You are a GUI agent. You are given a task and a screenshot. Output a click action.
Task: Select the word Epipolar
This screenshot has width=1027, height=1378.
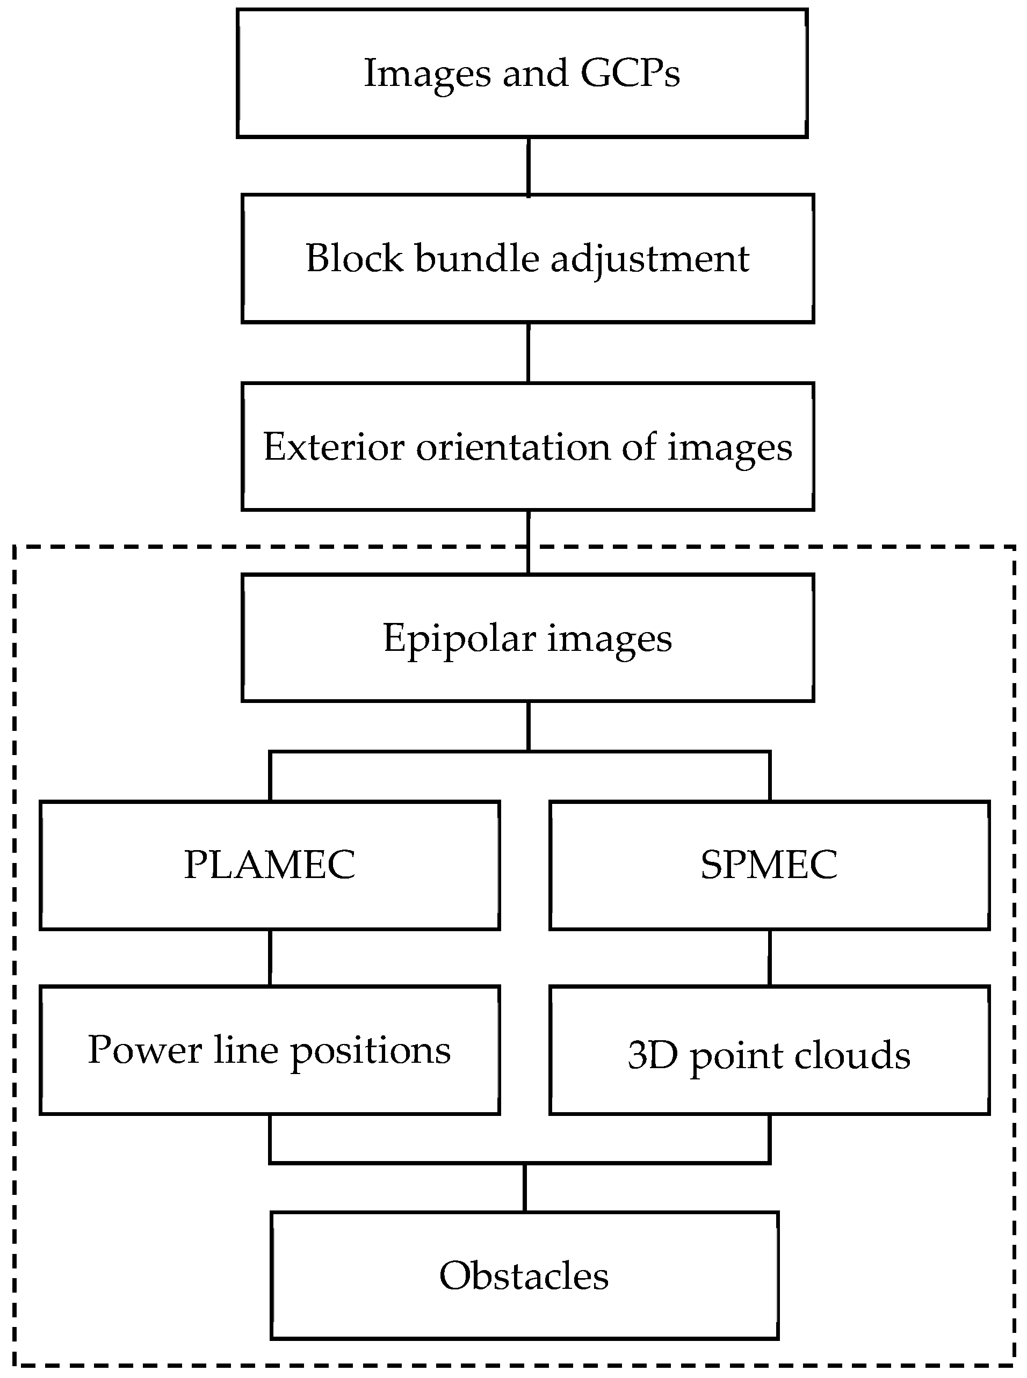(x=459, y=639)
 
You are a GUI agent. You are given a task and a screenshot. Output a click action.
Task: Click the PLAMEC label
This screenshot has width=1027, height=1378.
(x=269, y=865)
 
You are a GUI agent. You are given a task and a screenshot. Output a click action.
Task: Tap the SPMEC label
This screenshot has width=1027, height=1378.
(x=769, y=865)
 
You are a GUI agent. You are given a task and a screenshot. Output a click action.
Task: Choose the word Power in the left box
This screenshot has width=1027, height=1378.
(x=145, y=1050)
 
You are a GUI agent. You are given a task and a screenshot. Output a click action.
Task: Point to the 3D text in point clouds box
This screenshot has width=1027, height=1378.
(x=652, y=1055)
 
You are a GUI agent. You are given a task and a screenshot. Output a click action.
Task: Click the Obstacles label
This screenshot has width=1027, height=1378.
(x=524, y=1276)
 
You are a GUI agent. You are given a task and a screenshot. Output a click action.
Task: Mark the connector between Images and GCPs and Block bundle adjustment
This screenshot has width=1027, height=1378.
(x=529, y=166)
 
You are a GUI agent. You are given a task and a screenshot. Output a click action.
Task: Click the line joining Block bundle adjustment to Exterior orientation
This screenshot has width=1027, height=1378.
(x=529, y=352)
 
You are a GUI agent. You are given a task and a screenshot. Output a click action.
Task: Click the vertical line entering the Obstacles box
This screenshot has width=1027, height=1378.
(x=525, y=1188)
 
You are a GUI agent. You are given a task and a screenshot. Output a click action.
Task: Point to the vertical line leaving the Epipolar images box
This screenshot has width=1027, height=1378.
(x=529, y=726)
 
